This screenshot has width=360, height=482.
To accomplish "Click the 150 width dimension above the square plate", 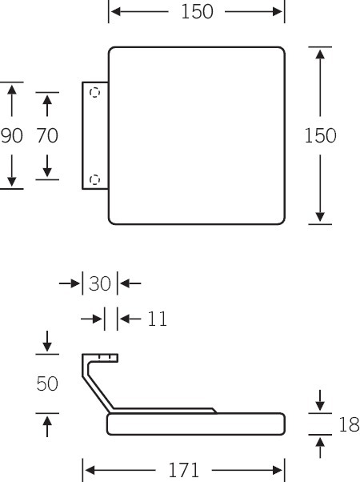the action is point(197,12).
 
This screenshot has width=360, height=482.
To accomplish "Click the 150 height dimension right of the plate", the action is point(320,135).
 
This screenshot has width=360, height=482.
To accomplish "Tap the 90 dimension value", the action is point(12,135).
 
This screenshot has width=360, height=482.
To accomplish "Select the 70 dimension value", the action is point(47,135).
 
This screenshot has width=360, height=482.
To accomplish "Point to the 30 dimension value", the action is point(99,283).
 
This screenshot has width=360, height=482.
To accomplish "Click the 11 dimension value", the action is point(158,319).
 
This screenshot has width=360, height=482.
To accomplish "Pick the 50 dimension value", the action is point(47,384).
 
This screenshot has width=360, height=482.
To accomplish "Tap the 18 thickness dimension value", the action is point(349,424).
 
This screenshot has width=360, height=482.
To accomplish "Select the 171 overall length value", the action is point(183,470).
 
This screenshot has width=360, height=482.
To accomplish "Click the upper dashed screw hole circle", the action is point(94,92).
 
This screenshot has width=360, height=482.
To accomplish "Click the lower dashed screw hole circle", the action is point(94,179).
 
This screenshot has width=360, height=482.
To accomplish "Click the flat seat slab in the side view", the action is point(196,424).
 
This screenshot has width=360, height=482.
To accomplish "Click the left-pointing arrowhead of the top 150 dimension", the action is point(115,12).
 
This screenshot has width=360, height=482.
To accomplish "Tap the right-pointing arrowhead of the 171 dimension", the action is point(278,470).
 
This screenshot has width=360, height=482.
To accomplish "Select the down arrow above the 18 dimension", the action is point(320,400).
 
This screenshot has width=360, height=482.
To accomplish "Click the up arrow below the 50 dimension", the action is point(47,427).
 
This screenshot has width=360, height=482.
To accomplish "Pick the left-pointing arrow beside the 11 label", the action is point(130,319).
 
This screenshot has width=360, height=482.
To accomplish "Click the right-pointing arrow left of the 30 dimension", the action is point(70,283).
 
